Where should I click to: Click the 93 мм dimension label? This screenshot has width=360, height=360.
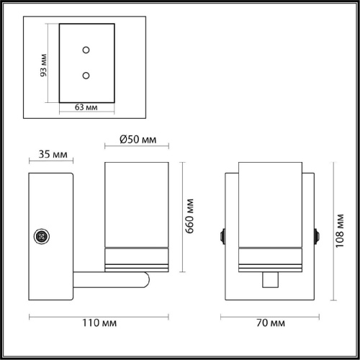click(x=43, y=66)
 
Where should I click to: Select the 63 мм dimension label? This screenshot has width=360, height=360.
click(x=86, y=107)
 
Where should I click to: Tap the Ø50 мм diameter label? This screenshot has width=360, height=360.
click(x=138, y=139)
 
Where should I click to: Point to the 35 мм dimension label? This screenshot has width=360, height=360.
click(x=53, y=154)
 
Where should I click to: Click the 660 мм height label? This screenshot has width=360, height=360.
click(x=189, y=216)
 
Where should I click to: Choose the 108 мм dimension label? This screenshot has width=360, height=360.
click(x=340, y=231)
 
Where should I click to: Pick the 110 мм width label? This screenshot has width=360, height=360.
click(x=99, y=323)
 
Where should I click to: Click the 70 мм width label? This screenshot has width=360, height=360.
click(x=271, y=323)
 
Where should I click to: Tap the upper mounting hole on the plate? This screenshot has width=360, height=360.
click(x=86, y=50)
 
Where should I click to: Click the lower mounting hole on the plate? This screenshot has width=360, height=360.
click(x=86, y=76)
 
